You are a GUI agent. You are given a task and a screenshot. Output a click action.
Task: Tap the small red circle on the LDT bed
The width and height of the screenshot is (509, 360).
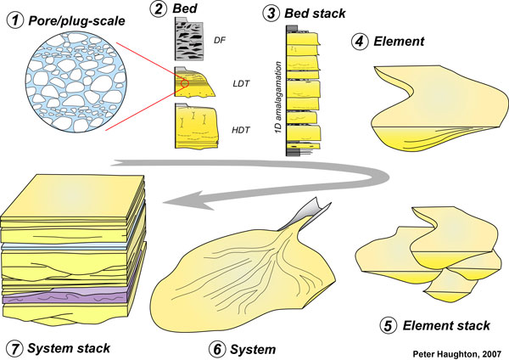point(184,84)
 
